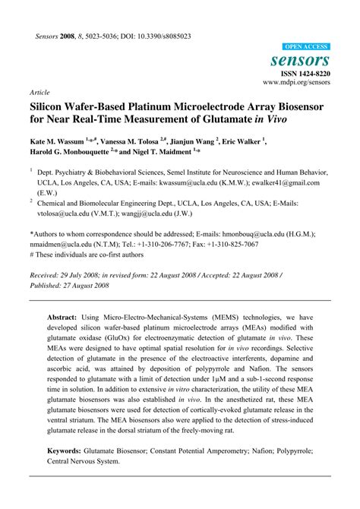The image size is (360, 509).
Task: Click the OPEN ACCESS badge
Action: click(x=306, y=46)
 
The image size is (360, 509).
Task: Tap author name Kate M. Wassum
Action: click(x=58, y=141)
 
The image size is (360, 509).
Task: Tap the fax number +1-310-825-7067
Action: click(x=230, y=245)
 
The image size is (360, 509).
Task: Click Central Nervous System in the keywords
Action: click(x=83, y=482)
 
